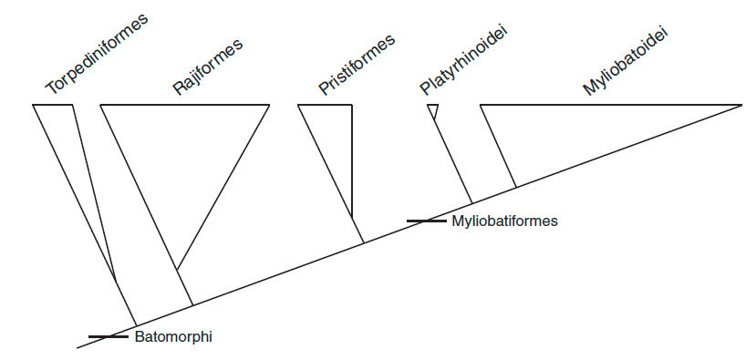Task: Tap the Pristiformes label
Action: (x=357, y=64)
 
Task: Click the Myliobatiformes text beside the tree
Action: (x=503, y=221)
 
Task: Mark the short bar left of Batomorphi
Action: (x=108, y=337)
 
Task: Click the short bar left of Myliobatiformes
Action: (x=427, y=221)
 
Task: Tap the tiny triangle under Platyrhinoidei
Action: (x=433, y=110)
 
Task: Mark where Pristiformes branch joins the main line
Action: (x=365, y=242)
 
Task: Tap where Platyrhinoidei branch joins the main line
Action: (x=471, y=203)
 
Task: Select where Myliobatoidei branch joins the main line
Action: (x=517, y=187)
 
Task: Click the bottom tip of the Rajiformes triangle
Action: (x=177, y=270)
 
